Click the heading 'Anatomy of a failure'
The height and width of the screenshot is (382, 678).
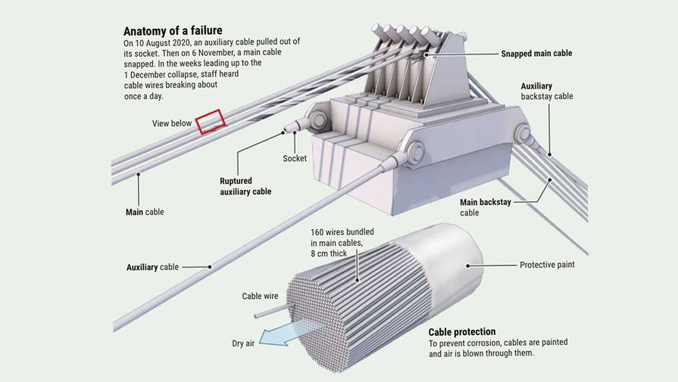tap(173, 32)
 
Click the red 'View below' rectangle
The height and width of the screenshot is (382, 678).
tap(211, 120)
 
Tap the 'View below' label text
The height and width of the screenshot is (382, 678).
tap(172, 123)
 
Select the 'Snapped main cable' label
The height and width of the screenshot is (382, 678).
tap(536, 54)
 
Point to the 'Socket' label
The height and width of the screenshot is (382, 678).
tap(294, 158)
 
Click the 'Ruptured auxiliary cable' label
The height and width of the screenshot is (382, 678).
tap(245, 186)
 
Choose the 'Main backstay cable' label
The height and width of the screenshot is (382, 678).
tap(489, 207)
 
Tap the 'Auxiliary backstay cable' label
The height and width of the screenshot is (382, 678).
tap(547, 92)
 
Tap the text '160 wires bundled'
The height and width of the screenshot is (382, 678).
tap(342, 231)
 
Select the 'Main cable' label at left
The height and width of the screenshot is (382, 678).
tap(144, 212)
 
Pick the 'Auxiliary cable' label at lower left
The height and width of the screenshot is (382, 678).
tap(153, 266)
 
